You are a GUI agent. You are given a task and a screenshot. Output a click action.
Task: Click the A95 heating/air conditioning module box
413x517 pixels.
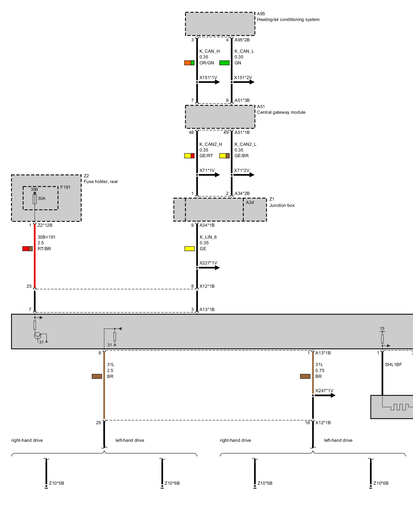pyautogui.click(x=220, y=24)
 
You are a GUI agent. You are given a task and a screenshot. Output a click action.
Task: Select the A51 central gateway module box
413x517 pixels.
pyautogui.click(x=220, y=117)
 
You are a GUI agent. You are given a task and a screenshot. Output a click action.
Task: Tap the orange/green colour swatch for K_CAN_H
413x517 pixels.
pyautogui.click(x=189, y=63)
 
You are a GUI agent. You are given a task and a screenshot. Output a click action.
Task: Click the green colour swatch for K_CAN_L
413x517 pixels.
pyautogui.click(x=224, y=63)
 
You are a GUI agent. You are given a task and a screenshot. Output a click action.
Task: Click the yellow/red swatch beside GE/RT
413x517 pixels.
pyautogui.click(x=189, y=156)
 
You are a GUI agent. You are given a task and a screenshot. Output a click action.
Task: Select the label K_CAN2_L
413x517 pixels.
pyautogui.click(x=245, y=144)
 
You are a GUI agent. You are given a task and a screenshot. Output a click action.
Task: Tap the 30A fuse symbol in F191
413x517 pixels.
pyautogui.click(x=35, y=199)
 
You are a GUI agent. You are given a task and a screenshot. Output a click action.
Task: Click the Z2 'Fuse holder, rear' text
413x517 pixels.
pyautogui.click(x=101, y=181)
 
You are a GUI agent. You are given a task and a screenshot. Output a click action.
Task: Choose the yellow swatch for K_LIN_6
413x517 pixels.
pyautogui.click(x=189, y=249)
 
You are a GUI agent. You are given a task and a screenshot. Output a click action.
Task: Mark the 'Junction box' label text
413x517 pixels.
pyautogui.click(x=282, y=205)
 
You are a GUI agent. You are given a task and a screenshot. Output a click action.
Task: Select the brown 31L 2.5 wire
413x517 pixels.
pyautogui.click(x=104, y=388)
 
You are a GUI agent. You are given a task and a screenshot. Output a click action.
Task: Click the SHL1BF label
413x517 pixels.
pyautogui.click(x=393, y=364)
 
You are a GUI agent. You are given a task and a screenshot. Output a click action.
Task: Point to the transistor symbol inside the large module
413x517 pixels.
pyautogui.click(x=38, y=336)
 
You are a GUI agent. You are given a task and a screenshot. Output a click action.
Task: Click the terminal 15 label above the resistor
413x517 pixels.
pyautogui.click(x=382, y=329)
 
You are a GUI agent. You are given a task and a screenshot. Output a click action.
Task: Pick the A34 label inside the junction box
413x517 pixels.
pyautogui.click(x=250, y=202)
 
